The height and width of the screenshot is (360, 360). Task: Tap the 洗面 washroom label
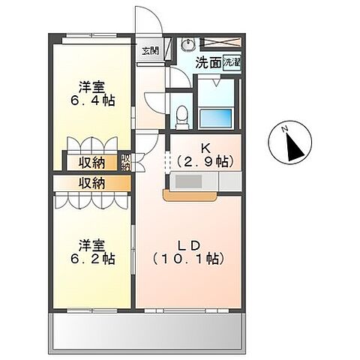coord(207,64)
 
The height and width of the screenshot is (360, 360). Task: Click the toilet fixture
coord(181,112)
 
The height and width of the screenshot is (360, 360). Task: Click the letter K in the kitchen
coord(203,146)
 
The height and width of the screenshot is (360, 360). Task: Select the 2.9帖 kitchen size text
coord(205,160)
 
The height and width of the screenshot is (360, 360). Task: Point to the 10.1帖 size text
coord(189,259)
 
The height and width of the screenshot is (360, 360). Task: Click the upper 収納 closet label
coord(93,161)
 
